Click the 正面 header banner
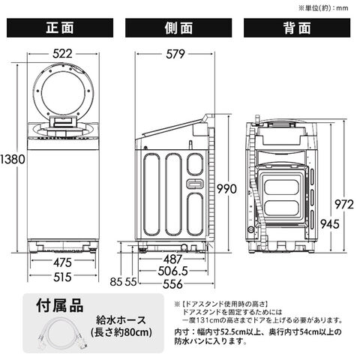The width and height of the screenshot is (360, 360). [60, 28]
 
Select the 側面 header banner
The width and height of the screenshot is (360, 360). [178, 28]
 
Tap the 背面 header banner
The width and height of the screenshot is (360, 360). [297, 28]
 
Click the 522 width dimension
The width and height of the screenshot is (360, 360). [62, 54]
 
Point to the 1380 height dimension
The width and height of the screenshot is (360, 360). [13, 159]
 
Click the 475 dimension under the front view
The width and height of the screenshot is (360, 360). [62, 262]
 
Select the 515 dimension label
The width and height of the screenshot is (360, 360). [62, 277]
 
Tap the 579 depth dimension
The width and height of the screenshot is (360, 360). [175, 54]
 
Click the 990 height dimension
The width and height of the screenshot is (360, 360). [226, 189]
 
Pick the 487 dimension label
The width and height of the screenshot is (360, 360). [173, 259]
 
